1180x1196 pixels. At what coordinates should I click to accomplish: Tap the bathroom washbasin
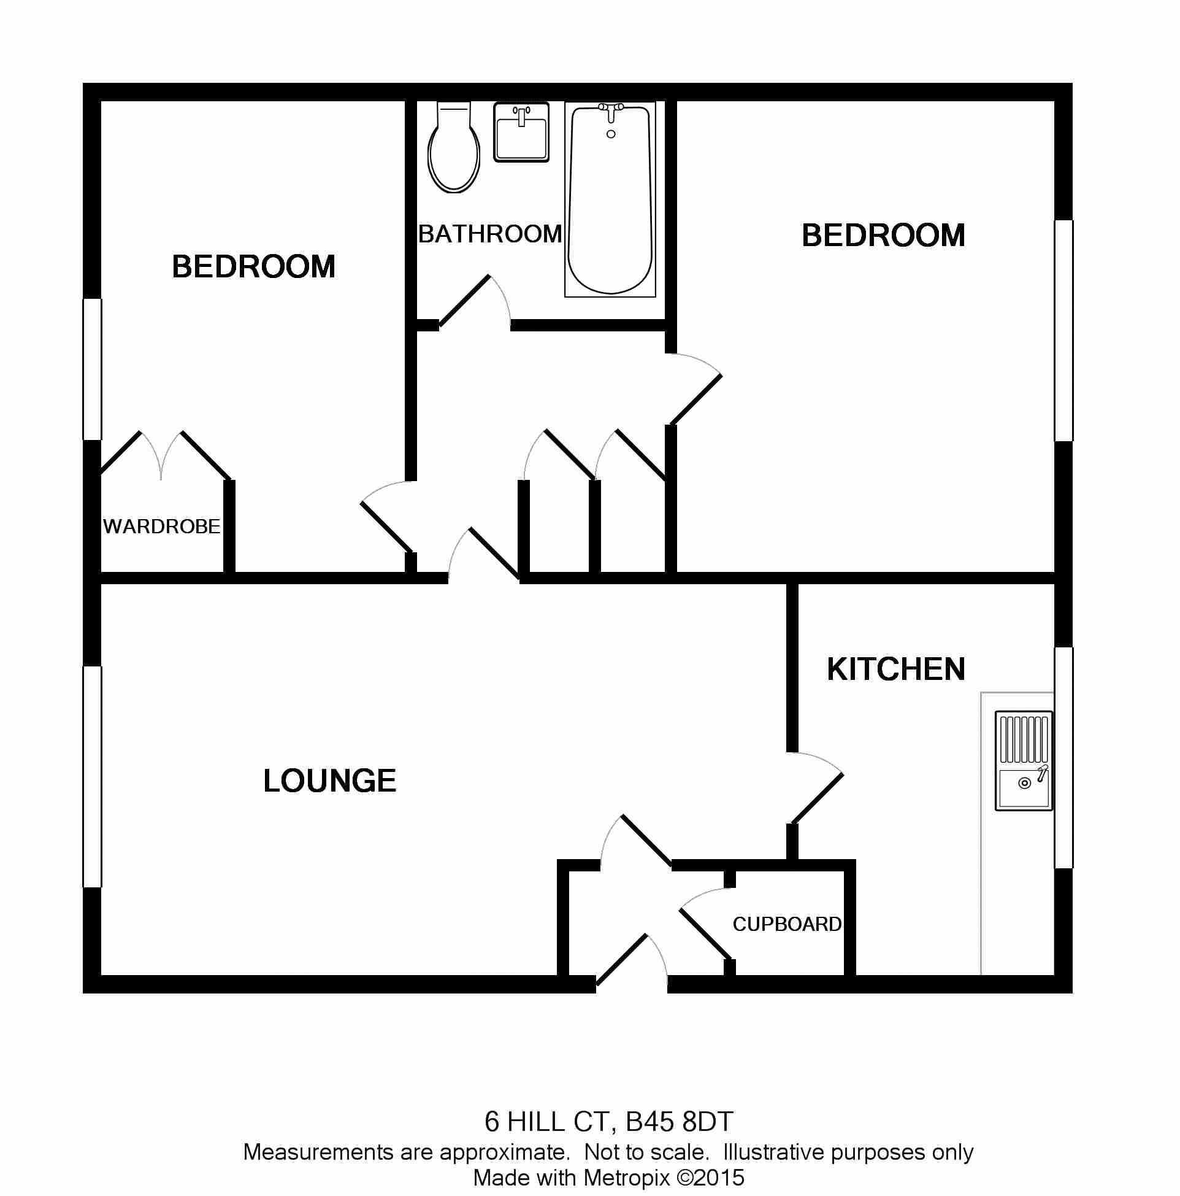pyautogui.click(x=521, y=132)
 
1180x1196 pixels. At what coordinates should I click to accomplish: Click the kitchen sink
pyautogui.click(x=1024, y=761)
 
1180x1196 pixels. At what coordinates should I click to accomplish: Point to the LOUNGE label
pyautogui.click(x=330, y=781)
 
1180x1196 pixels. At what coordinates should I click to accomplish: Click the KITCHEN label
pyautogui.click(x=896, y=669)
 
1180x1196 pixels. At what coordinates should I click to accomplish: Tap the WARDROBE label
pyautogui.click(x=161, y=527)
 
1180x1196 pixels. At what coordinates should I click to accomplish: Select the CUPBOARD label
pyautogui.click(x=787, y=924)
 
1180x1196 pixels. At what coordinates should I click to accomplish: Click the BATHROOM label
pyautogui.click(x=490, y=234)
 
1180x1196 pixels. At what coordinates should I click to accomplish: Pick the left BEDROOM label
pyautogui.click(x=254, y=267)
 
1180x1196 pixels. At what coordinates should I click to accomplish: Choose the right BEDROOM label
pyautogui.click(x=884, y=235)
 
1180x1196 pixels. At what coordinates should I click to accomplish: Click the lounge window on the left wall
pyautogui.click(x=92, y=776)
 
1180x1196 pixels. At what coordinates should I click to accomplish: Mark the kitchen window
pyautogui.click(x=1063, y=758)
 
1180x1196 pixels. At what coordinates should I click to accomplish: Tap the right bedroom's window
pyautogui.click(x=1063, y=331)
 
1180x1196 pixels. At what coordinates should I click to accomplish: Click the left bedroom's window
pyautogui.click(x=92, y=369)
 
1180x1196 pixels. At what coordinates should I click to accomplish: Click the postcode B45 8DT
pyautogui.click(x=680, y=1122)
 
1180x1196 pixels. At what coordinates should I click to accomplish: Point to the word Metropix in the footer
pyautogui.click(x=627, y=1178)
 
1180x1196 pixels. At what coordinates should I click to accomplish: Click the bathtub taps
pyautogui.click(x=611, y=112)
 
